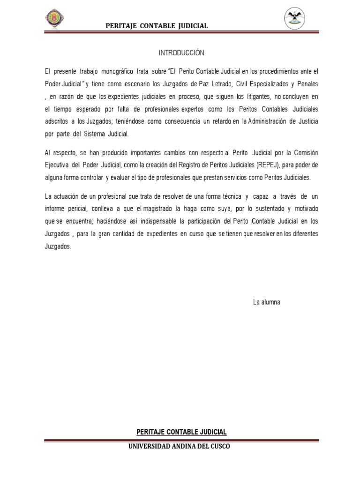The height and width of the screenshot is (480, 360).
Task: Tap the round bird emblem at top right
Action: point(295,19)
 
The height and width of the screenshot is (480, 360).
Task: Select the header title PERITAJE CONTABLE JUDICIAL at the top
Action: point(157,26)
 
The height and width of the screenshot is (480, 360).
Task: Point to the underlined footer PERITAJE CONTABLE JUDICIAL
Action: point(181,432)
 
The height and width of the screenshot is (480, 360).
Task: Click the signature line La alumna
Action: point(266,302)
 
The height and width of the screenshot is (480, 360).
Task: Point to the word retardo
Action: point(215,122)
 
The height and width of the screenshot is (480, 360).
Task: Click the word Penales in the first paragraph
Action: point(307,84)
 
